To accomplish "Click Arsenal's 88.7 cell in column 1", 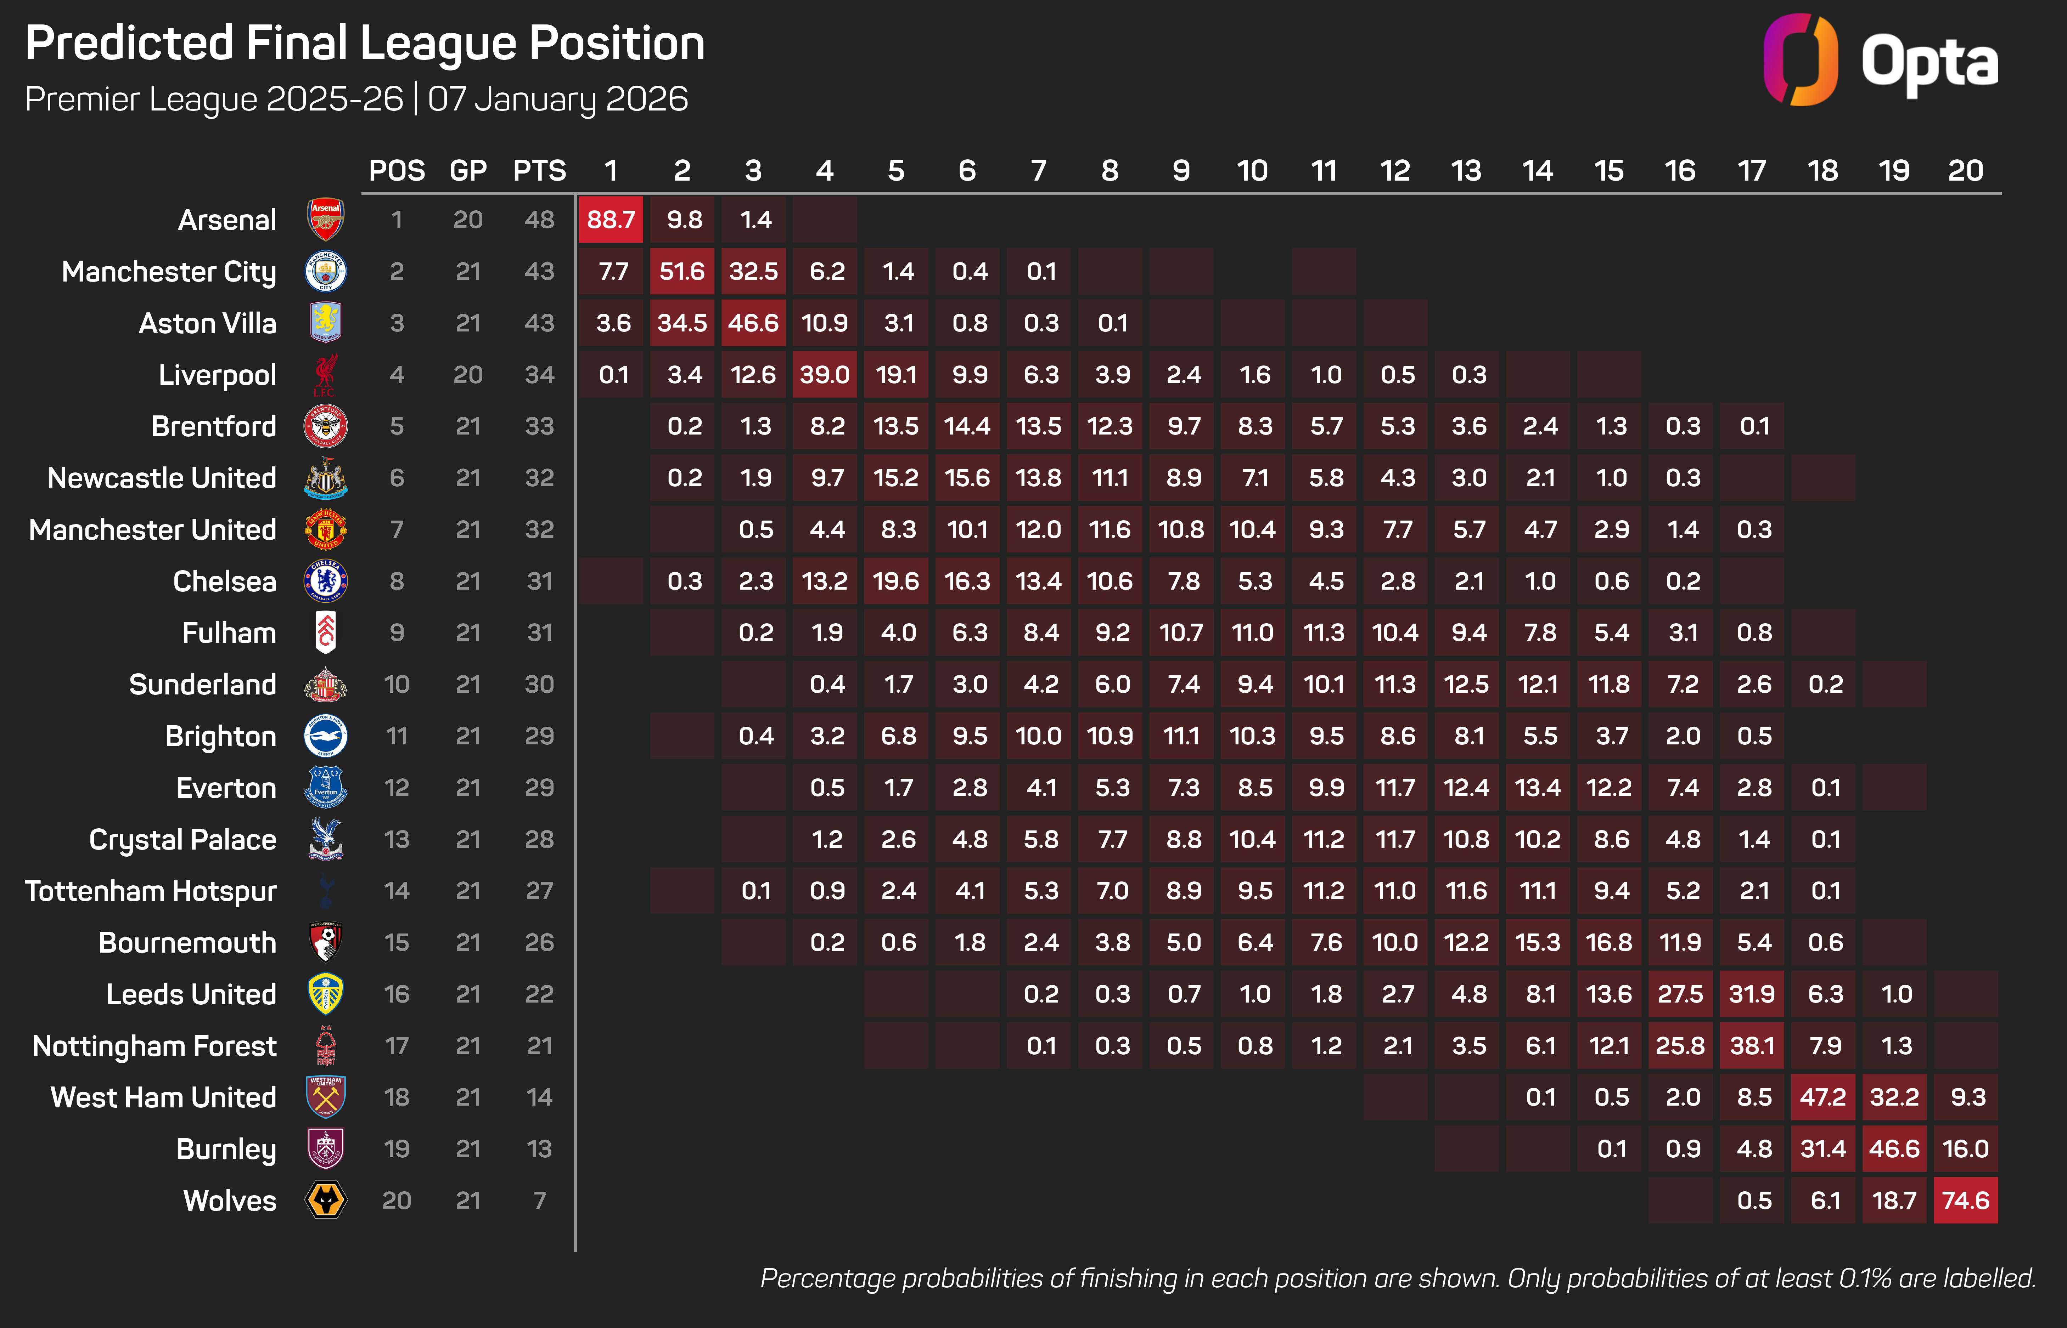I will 611,220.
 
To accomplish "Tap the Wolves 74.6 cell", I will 1965,1201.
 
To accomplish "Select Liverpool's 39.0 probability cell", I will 825,374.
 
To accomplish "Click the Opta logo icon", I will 1799,60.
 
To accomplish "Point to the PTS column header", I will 539,171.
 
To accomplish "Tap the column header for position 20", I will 1965,171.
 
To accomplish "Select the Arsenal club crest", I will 326,220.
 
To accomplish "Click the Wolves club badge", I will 326,1201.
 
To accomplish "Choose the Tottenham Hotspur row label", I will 151,891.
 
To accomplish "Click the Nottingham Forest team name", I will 155,1046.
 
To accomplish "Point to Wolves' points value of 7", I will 539,1201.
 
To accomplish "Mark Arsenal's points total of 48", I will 539,220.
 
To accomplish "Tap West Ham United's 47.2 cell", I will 1823,1097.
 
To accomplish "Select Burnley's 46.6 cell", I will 1894,1149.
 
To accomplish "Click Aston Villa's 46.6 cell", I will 753,323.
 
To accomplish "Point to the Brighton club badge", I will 326,737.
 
